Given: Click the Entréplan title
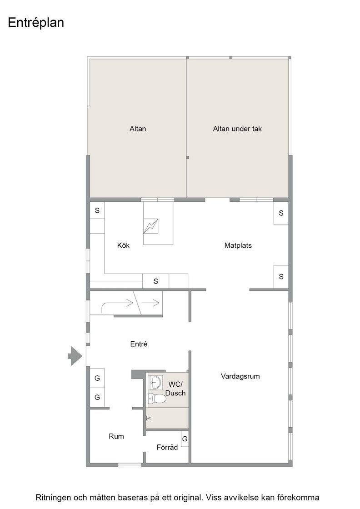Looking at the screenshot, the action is pos(36,23).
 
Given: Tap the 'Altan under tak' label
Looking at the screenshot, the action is pos(237,129).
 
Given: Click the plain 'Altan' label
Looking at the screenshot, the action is pos(138,129).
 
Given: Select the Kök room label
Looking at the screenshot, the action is pos(123,245).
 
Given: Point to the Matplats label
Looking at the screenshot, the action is pos(238,246).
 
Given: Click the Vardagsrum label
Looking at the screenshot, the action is pos(240,377).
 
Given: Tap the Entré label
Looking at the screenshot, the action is pos(139,344).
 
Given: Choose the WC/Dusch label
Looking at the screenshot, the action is pos(175,389).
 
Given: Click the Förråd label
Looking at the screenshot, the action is pos(167,447).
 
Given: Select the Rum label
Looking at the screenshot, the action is pos(116,437).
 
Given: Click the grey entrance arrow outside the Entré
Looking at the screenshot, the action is pos(75,356).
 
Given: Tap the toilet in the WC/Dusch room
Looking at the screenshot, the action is pos(157,398).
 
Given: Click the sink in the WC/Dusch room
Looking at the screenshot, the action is pos(155,382).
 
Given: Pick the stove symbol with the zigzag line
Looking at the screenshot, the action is pos(150,226).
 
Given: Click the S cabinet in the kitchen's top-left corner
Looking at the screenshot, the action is pos(97,210).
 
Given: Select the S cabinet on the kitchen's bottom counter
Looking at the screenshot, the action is pos(155,281).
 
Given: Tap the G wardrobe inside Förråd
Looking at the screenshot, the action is pos(185,439).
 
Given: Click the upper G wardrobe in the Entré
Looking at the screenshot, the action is pos(97,378).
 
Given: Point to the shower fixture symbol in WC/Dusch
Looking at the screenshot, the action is pos(148,419).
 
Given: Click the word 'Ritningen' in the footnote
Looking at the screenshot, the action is pos(52,498).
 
